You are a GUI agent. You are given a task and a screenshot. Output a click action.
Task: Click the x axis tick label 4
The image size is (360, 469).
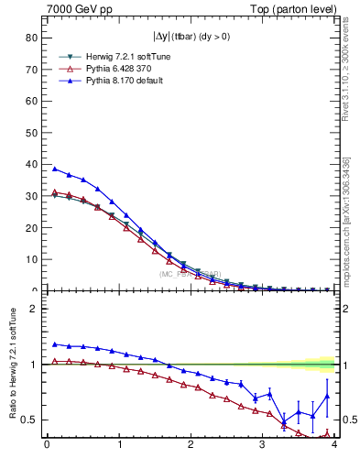pos(334,446)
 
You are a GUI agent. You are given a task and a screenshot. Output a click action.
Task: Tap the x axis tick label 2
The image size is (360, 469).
pos(191,446)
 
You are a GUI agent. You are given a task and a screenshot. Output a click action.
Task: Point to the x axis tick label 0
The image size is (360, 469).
pos(47,446)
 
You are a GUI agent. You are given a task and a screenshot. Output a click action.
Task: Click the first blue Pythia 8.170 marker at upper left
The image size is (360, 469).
pos(54,169)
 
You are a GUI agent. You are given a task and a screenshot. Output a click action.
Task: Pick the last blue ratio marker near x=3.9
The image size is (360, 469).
pos(327,396)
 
